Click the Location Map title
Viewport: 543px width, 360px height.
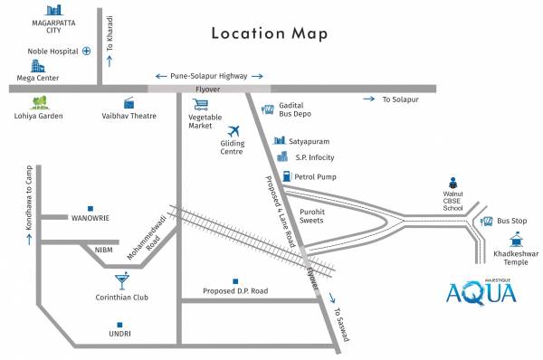pos(269,33)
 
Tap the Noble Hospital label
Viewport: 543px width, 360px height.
pos(51,52)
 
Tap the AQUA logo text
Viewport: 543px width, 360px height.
pos(481,293)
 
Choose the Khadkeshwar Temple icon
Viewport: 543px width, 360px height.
pos(516,239)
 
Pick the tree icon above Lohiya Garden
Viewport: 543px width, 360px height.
pos(40,101)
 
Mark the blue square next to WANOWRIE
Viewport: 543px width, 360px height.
pos(90,207)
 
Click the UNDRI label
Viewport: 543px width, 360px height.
pos(119,334)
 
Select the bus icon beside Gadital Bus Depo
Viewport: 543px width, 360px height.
pos(268,109)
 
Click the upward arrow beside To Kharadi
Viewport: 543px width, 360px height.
pos(110,61)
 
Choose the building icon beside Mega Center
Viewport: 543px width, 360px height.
pos(37,66)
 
